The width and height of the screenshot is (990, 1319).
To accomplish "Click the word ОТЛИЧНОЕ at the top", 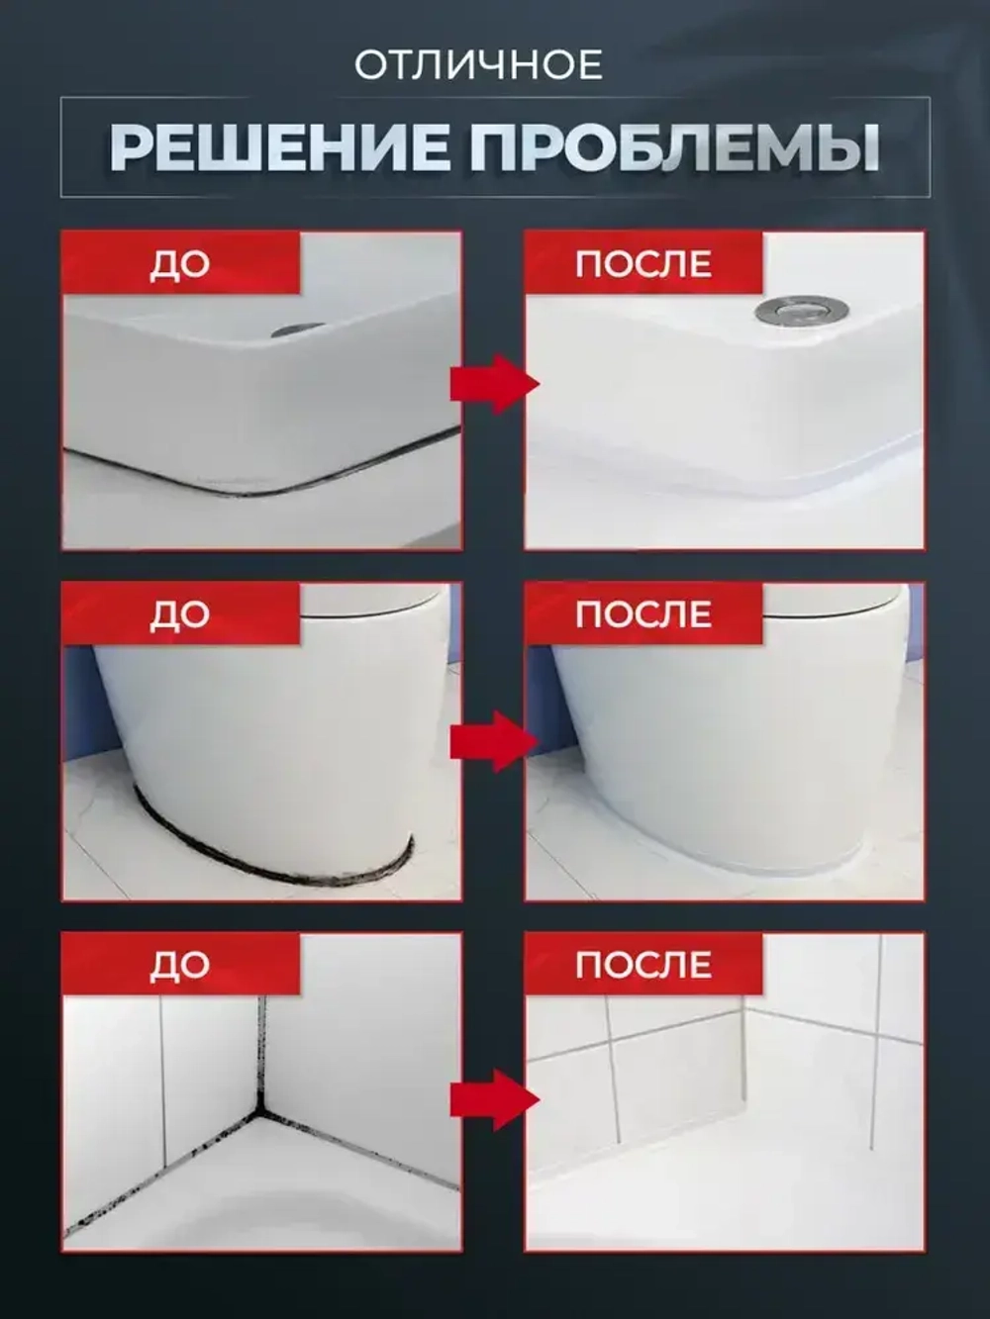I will (x=478, y=65).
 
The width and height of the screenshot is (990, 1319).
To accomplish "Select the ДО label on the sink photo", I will (x=179, y=264).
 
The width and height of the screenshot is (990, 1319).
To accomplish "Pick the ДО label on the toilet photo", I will (x=179, y=614).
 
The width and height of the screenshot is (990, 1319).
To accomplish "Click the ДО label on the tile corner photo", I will (x=179, y=965).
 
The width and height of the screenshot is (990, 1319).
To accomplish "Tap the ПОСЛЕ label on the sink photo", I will (x=643, y=264).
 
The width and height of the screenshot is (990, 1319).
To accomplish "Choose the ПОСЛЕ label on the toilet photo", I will (x=643, y=614).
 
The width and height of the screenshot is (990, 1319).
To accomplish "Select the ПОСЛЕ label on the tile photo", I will (x=643, y=965).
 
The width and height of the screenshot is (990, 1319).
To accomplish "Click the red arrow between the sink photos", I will (x=493, y=384).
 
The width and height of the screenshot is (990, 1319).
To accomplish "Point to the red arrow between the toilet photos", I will (x=493, y=740).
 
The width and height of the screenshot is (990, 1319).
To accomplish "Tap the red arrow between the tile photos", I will (x=493, y=1098).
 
